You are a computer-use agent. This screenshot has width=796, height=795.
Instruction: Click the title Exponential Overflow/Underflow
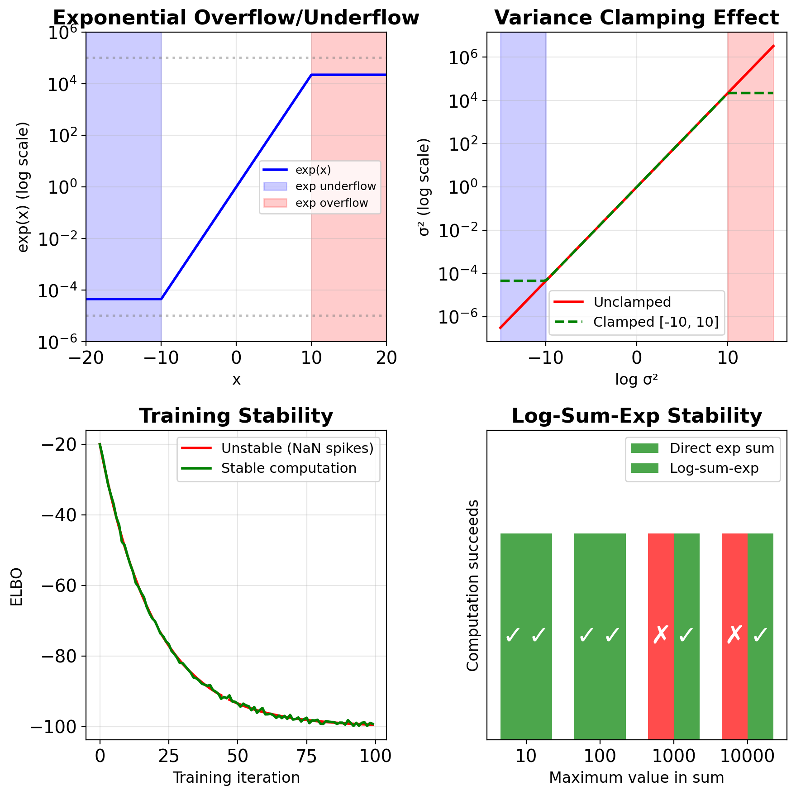coord(236,18)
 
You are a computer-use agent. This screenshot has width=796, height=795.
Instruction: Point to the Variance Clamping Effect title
coord(636,18)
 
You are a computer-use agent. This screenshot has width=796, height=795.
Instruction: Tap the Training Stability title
coord(236,416)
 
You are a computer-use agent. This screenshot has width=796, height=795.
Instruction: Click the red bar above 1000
coord(661,637)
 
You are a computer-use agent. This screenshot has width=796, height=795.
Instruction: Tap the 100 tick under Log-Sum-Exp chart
coord(600,756)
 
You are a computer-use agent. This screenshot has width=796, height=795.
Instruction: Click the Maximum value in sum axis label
coord(636,778)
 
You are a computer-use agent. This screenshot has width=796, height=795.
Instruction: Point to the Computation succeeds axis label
coord(473,586)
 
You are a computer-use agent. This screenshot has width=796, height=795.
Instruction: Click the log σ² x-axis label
coord(636,380)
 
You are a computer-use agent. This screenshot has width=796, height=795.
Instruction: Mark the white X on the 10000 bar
coord(734,635)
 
